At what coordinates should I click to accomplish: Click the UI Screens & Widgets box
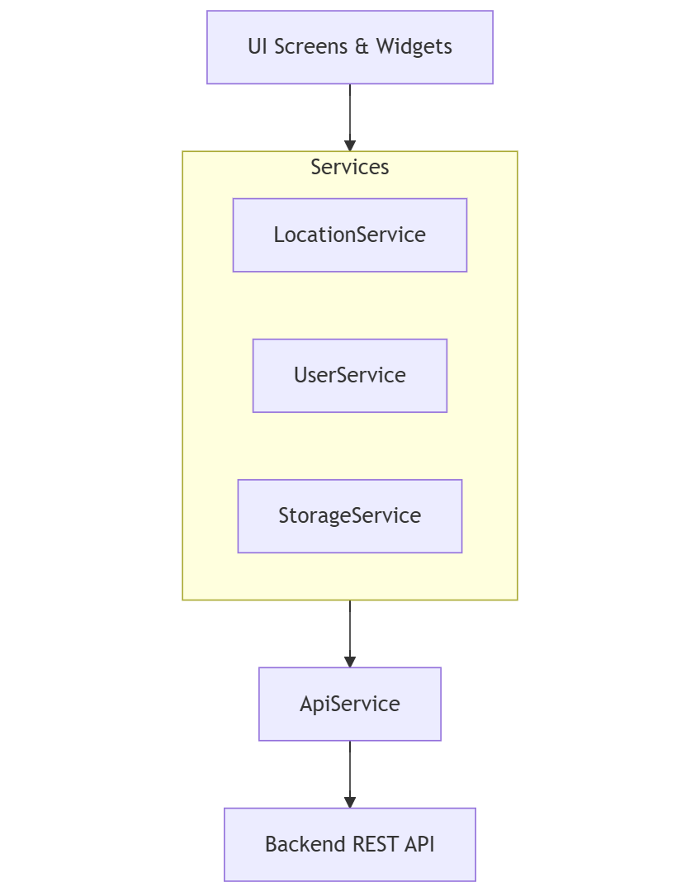point(349,47)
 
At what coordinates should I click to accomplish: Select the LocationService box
point(349,235)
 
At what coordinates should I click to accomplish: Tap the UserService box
point(349,375)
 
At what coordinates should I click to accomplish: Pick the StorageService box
point(349,515)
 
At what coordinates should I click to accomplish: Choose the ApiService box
point(349,704)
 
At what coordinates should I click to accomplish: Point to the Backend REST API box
point(349,844)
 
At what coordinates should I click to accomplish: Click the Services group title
point(349,167)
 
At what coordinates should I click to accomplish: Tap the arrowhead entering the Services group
point(350,145)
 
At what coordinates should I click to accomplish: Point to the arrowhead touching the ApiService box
point(350,662)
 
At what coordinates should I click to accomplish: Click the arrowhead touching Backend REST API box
point(350,802)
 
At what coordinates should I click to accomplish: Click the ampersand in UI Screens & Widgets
point(362,47)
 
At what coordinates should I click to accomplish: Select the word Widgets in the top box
point(414,47)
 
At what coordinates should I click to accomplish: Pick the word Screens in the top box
point(310,47)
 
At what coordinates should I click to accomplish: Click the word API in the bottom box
point(419,844)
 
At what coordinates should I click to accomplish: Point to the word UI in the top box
point(257,47)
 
